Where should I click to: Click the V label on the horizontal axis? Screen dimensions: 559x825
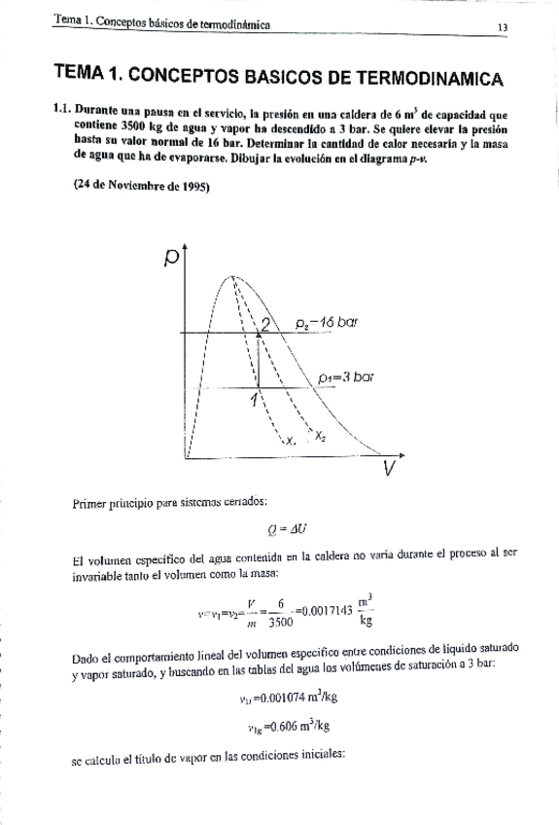(389, 469)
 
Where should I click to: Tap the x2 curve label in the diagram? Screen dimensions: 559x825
(320, 437)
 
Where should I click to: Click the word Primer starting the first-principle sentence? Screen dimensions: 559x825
(94, 503)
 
